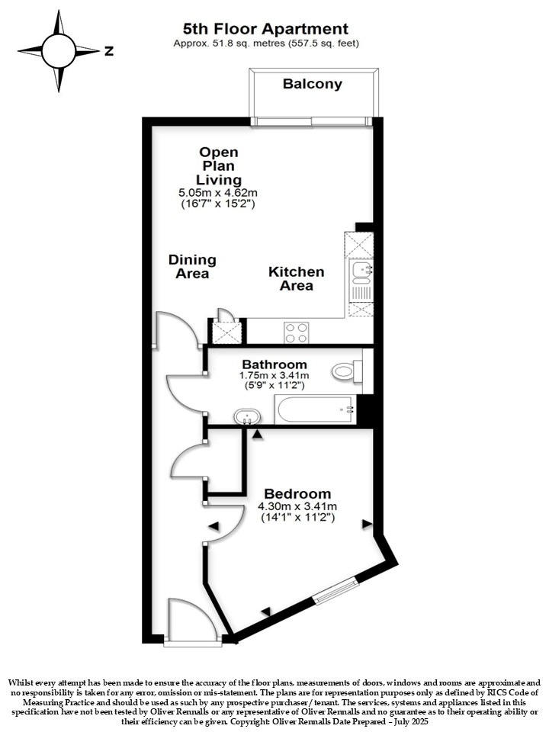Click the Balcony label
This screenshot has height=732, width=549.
tap(313, 84)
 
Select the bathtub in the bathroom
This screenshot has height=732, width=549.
tap(316, 410)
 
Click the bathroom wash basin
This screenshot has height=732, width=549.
tap(247, 416)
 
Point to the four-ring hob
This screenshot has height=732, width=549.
tap(296, 332)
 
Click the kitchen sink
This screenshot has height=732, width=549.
tap(361, 272)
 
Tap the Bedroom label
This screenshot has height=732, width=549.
tap(297, 493)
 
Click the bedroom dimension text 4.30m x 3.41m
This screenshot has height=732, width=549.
tap(297, 506)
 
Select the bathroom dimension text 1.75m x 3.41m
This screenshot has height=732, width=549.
tap(274, 375)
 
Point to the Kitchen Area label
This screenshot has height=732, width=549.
tap(296, 279)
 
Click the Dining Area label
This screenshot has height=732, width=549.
tap(192, 267)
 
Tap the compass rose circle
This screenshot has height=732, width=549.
tap(59, 51)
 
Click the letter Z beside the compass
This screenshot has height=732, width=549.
tap(109, 51)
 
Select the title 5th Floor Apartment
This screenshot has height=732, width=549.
tap(265, 29)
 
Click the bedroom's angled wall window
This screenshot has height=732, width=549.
tap(335, 590)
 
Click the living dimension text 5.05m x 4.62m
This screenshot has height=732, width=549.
tap(218, 192)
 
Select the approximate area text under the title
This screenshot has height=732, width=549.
tap(266, 43)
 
